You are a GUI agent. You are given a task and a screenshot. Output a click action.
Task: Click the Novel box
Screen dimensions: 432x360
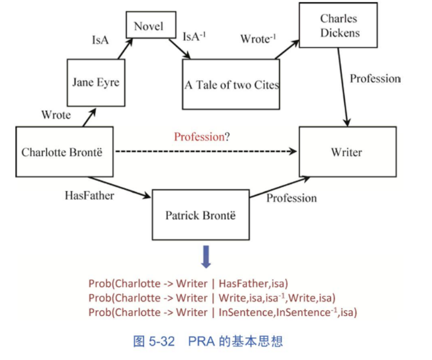coord(151,25)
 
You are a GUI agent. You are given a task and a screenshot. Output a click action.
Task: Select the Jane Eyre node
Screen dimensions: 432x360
coord(96,82)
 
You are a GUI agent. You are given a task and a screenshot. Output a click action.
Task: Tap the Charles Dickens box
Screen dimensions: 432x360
coord(338,25)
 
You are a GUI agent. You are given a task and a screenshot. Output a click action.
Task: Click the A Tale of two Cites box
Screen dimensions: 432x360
coord(231,84)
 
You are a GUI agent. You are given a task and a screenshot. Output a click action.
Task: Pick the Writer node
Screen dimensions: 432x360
coord(348,152)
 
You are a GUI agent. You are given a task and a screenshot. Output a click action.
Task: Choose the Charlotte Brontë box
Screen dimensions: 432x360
coord(64,152)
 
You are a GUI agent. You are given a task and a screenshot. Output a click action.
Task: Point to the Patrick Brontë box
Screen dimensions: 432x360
coord(201,215)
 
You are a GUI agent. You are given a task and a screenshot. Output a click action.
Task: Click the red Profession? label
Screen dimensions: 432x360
coord(202,137)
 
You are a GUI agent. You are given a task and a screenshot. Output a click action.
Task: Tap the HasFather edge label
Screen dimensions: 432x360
coord(89,196)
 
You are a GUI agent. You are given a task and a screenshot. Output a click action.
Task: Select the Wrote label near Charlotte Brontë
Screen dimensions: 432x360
coord(56,114)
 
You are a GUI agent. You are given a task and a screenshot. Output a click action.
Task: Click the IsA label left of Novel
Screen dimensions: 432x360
coord(100,40)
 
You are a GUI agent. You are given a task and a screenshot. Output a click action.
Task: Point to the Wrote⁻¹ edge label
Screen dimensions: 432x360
coord(258,38)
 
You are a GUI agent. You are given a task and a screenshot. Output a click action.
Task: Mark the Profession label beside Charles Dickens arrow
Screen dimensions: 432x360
coord(375,79)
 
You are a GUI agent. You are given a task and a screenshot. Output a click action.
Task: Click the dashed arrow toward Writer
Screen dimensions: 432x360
coord(206,151)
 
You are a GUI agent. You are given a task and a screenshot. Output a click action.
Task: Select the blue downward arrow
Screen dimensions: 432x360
coord(206,256)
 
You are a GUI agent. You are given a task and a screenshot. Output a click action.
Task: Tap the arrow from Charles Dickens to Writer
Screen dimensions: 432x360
coord(343,87)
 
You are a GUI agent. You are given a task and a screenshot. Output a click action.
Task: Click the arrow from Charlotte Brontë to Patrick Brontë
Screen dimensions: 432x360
coord(120,187)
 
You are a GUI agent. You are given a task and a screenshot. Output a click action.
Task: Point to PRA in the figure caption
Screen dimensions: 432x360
coord(201,341)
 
